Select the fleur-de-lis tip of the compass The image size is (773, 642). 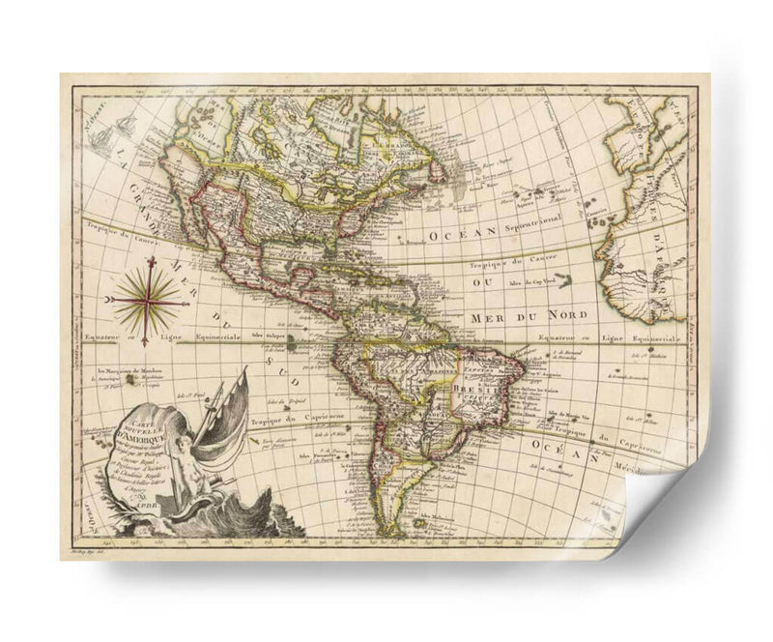point(151,261)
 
